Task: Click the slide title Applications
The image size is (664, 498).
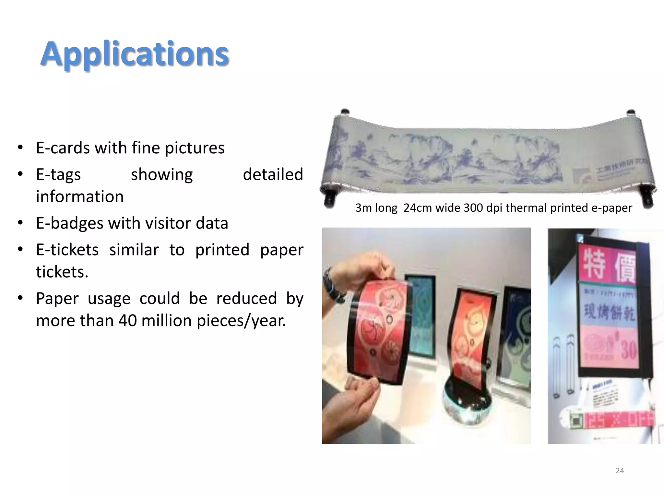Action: coord(135,54)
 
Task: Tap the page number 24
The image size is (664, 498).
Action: coord(620,470)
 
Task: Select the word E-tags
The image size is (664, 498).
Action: coord(58,175)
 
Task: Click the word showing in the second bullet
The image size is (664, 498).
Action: coord(161,174)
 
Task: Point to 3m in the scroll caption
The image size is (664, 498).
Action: coord(363,207)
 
